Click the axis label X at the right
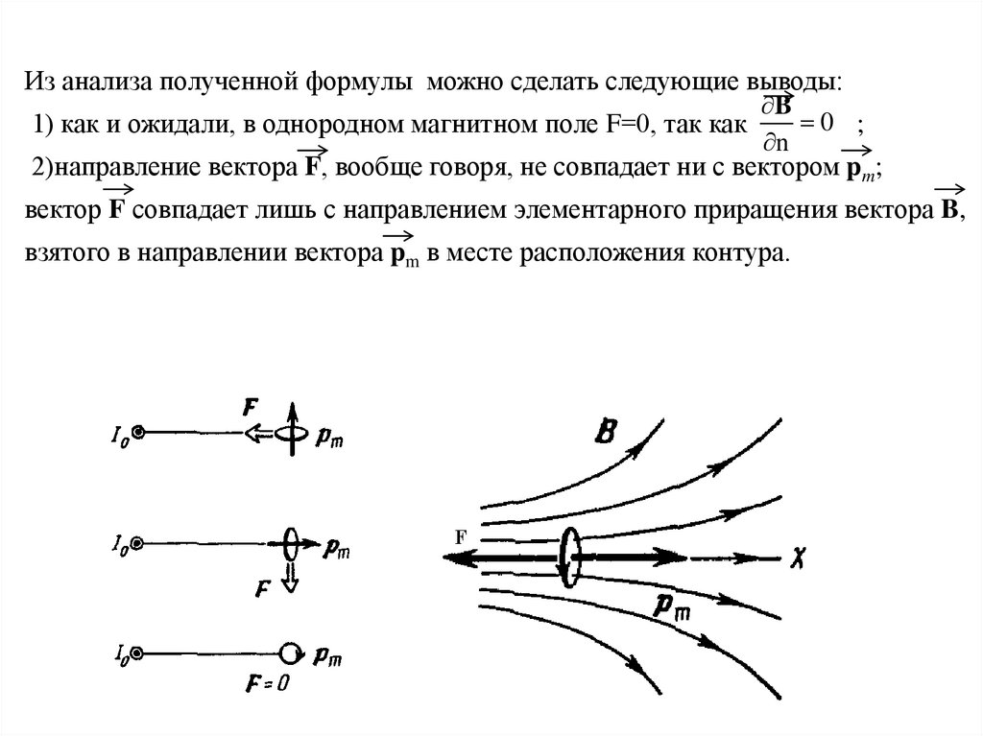[x=798, y=557]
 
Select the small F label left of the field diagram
[x=460, y=537]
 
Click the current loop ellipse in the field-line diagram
[x=571, y=558]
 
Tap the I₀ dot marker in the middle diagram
[x=138, y=543]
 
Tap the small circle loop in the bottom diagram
[x=289, y=653]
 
